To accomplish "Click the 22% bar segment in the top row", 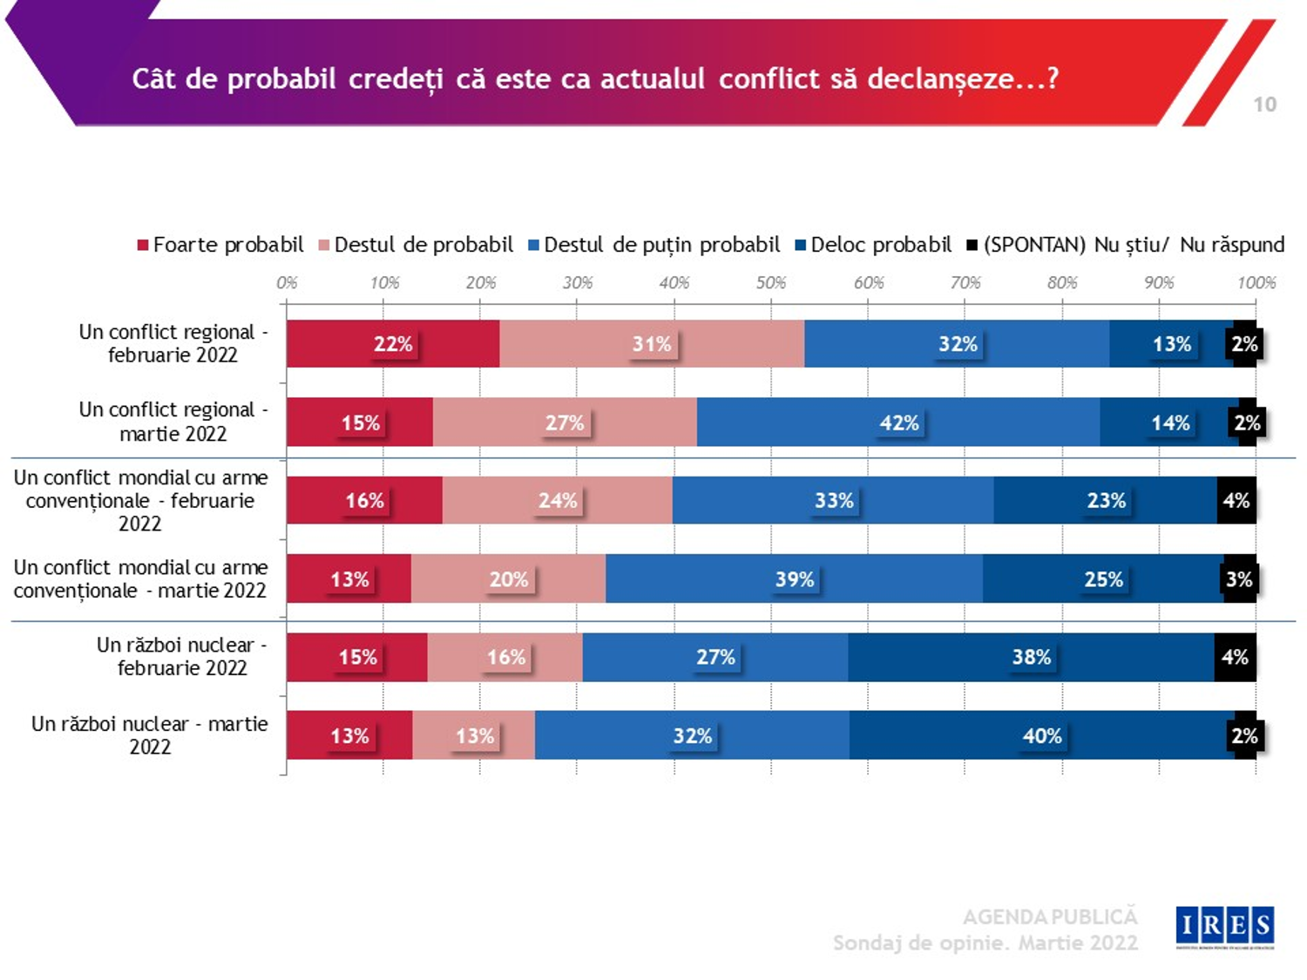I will click(393, 344).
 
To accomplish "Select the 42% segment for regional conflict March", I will click(898, 422).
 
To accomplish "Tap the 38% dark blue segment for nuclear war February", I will click(1031, 657).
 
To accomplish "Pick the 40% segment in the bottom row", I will click(1042, 735).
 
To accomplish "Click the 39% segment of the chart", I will click(794, 579).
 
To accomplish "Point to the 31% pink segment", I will click(652, 344).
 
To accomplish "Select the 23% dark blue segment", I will click(1106, 501).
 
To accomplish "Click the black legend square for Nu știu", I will click(972, 245).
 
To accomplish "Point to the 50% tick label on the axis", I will click(771, 283).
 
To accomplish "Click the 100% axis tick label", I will click(1256, 283).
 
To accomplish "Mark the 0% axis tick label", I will click(287, 283).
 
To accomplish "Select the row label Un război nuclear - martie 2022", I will click(150, 735).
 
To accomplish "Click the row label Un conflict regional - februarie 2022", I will click(173, 343).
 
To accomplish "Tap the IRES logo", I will click(1224, 927).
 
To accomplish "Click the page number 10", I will click(1264, 105).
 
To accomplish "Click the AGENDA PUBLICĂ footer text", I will click(1050, 916).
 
